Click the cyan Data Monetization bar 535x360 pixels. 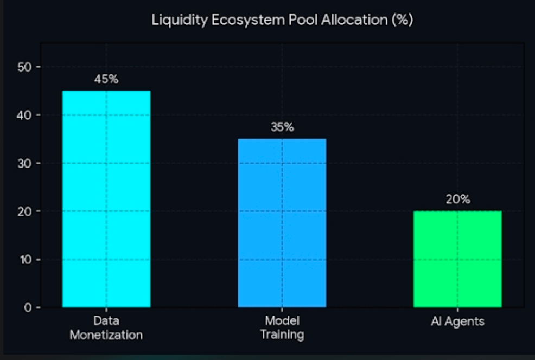click(106, 199)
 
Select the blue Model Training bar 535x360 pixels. click(282, 223)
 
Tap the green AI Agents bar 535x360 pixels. click(457, 259)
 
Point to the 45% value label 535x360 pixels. click(106, 80)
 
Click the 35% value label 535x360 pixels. click(282, 127)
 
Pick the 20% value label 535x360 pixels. click(458, 200)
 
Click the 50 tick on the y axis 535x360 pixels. click(24, 67)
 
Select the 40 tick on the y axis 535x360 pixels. click(24, 115)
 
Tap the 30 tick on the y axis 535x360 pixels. click(24, 164)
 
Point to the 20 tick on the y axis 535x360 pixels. click(24, 211)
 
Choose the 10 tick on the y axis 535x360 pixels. click(26, 260)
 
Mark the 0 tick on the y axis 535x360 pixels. click(28, 308)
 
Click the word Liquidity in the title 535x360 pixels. click(180, 20)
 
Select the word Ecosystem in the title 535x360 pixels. click(249, 20)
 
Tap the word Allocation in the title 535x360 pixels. click(354, 20)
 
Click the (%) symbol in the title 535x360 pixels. click(403, 20)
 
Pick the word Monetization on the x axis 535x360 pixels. click(106, 335)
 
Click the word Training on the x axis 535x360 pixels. click(282, 335)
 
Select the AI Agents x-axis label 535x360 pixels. click(457, 322)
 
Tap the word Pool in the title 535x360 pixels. click(303, 20)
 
